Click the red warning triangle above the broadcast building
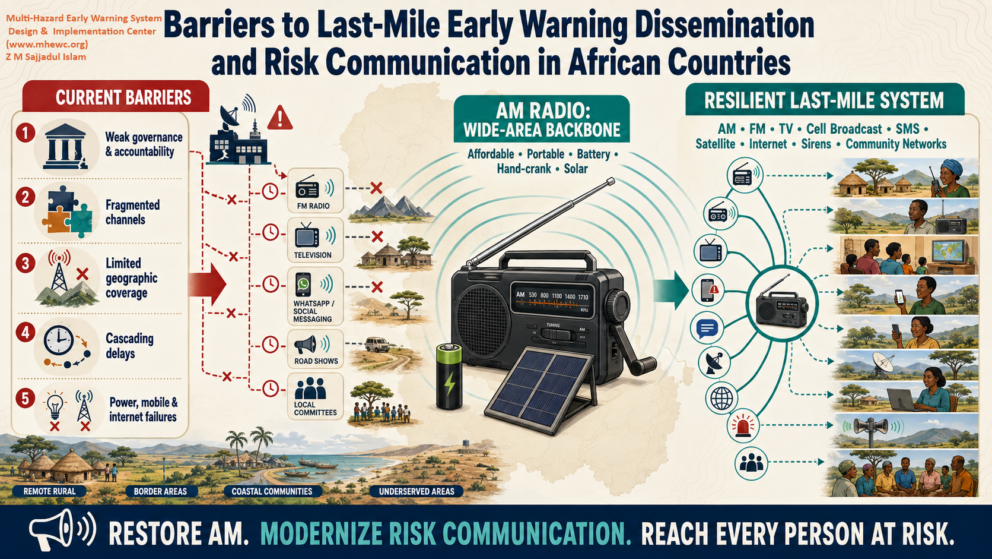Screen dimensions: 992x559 click(280, 118)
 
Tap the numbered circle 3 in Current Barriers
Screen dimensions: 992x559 click(26, 263)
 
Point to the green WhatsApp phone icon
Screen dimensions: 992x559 click(303, 284)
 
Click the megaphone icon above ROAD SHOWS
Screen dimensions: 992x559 click(306, 345)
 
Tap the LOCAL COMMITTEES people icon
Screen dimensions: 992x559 click(310, 389)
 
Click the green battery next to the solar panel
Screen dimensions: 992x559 click(449, 377)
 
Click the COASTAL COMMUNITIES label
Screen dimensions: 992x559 click(272, 491)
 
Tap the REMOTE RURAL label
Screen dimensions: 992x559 click(50, 491)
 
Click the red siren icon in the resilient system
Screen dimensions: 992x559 click(743, 427)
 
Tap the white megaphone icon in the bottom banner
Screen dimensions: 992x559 click(62, 530)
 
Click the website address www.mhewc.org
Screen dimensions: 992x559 click(47, 45)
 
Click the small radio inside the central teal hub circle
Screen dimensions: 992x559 click(781, 304)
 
